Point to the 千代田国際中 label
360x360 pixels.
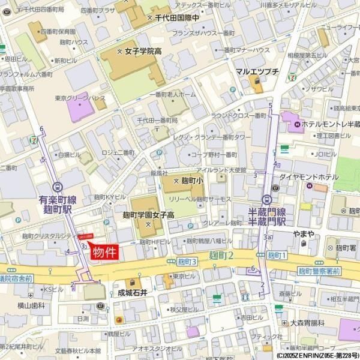click(176, 19)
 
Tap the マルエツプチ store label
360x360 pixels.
click(257, 72)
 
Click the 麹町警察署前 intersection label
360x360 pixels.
click(319, 271)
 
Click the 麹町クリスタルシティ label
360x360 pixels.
click(46, 237)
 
